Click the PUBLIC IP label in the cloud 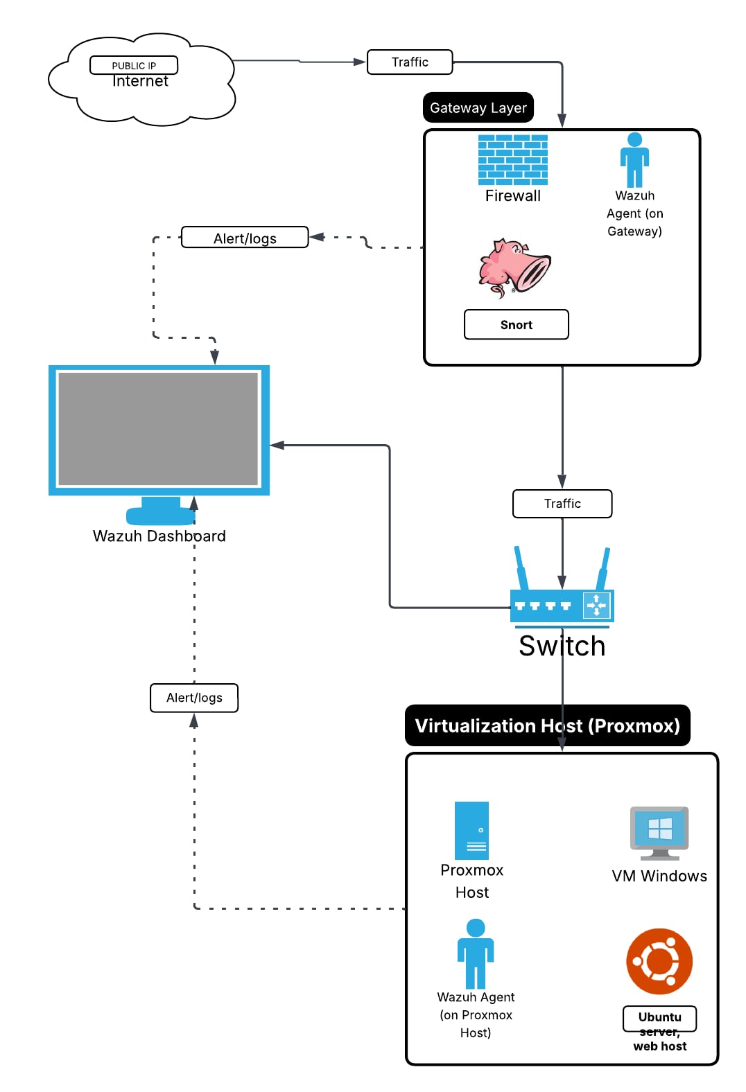[134, 65]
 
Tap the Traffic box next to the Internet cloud [410, 62]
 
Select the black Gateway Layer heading [478, 107]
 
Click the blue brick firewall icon [513, 160]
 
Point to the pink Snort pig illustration [514, 267]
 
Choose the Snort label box [517, 324]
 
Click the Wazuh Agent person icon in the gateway [634, 160]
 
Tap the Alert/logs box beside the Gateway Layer [245, 238]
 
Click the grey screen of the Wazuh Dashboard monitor [159, 429]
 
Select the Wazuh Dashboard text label [159, 536]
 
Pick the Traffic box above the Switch [562, 504]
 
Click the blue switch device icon [562, 605]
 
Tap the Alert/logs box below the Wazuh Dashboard [194, 698]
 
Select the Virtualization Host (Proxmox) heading [547, 725]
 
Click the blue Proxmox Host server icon [471, 830]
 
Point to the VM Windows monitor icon [659, 831]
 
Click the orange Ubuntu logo [659, 962]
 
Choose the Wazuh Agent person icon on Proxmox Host [476, 954]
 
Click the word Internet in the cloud [140, 82]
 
